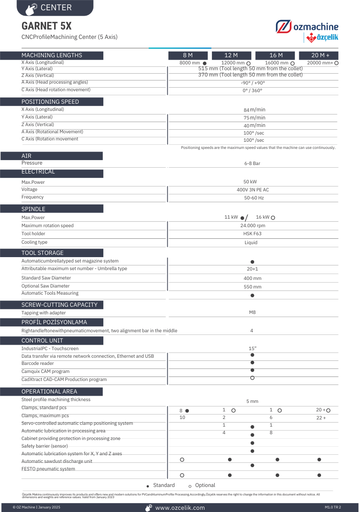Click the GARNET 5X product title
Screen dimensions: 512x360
pos(47,25)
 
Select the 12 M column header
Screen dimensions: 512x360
pos(231,55)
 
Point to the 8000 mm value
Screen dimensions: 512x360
pos(190,63)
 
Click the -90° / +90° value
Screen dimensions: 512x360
pos(253,83)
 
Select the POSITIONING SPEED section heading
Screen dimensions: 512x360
pos(50,102)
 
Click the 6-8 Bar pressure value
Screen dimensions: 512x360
pos(252,164)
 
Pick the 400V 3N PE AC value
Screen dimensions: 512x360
pos(253,190)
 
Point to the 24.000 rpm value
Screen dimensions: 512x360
pos(253,226)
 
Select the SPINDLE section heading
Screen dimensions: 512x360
pos(34,209)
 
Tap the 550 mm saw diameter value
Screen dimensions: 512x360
pos(253,287)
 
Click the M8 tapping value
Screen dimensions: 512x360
pos(252,313)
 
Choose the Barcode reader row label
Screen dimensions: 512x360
pos(38,364)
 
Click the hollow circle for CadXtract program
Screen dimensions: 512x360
pos(252,378)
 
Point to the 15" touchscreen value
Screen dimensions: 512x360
pos(253,348)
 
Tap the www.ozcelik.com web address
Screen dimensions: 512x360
pos(180,508)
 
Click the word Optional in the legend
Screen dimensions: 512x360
pos(205,486)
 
